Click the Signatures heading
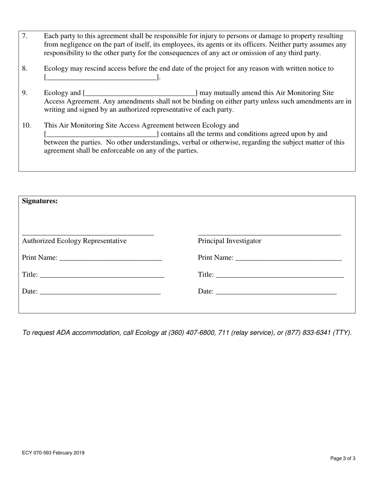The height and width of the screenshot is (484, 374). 40,201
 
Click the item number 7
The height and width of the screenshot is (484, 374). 24,36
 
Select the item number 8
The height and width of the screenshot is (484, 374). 24,69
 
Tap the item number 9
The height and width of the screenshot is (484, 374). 24,93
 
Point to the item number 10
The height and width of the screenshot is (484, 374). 26,126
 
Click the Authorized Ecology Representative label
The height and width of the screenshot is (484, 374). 74,241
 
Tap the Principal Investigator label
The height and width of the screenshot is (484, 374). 230,241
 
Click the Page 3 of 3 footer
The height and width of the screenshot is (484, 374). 343,458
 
